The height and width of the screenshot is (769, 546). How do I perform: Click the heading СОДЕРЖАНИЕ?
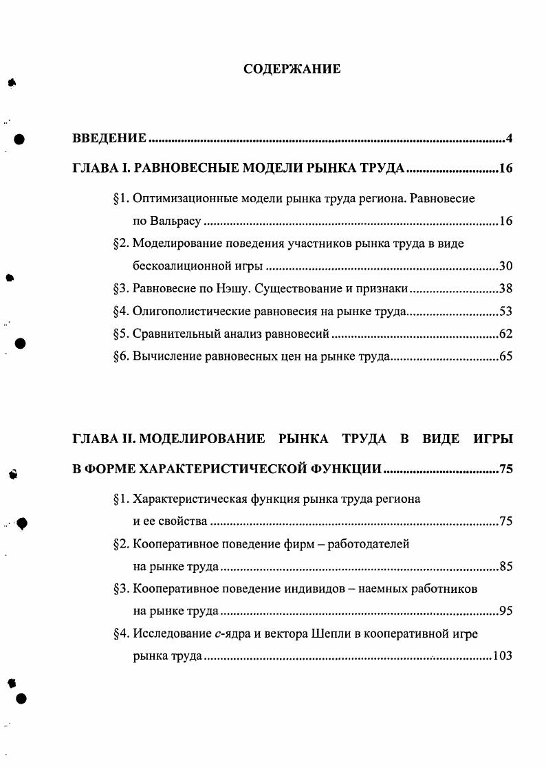(x=292, y=69)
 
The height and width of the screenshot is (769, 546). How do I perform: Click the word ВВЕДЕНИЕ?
(x=109, y=139)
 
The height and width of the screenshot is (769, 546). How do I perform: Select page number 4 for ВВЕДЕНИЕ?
(x=510, y=139)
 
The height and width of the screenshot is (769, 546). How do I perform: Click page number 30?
(x=506, y=266)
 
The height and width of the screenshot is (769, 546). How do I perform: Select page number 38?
(x=506, y=289)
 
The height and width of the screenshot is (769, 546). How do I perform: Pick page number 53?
(x=506, y=312)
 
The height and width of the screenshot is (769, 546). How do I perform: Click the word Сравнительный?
(x=172, y=334)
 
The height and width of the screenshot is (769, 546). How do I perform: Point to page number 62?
(x=506, y=334)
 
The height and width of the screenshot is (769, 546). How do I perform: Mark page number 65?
(x=506, y=357)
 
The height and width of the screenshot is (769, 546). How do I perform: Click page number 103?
(x=503, y=656)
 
